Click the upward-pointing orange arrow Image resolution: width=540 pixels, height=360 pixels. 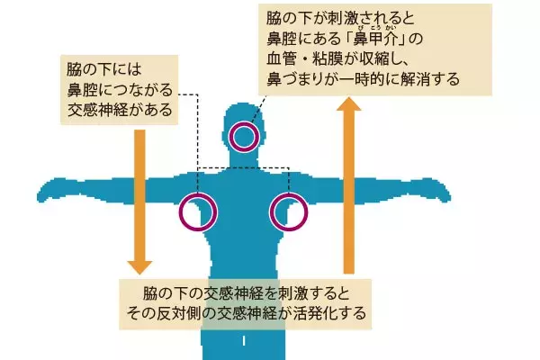tap(350, 180)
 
